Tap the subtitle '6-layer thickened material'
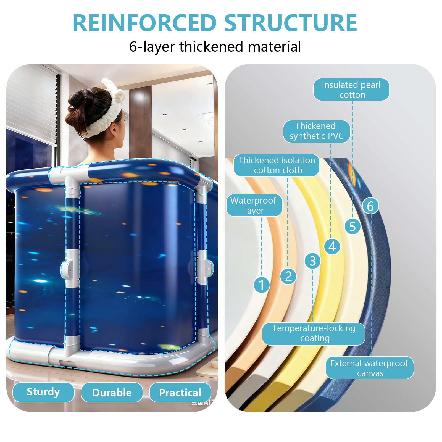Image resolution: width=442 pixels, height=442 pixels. [x=215, y=46]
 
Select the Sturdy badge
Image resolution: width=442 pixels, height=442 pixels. [x=43, y=392]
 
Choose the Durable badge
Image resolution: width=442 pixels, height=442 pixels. [x=112, y=393]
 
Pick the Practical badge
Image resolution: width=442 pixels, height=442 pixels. [x=180, y=393]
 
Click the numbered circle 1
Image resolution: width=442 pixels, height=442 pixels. [x=262, y=285]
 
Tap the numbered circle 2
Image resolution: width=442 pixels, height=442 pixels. [x=288, y=276]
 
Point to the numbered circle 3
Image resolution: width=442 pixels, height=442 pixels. [x=312, y=261]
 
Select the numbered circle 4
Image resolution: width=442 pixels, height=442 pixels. [x=332, y=246]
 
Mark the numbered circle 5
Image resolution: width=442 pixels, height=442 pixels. [x=352, y=227]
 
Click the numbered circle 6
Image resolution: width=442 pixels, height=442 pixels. [x=370, y=206]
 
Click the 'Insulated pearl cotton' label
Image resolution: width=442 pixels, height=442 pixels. [x=351, y=90]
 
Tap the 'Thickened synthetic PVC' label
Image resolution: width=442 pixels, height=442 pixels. [x=317, y=131]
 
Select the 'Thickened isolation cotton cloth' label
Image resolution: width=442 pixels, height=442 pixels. [x=277, y=165]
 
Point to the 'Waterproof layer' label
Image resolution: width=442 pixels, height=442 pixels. [x=254, y=206]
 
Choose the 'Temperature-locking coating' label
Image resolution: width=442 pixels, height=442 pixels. [x=314, y=333]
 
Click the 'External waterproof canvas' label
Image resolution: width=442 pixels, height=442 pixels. [x=369, y=368]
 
